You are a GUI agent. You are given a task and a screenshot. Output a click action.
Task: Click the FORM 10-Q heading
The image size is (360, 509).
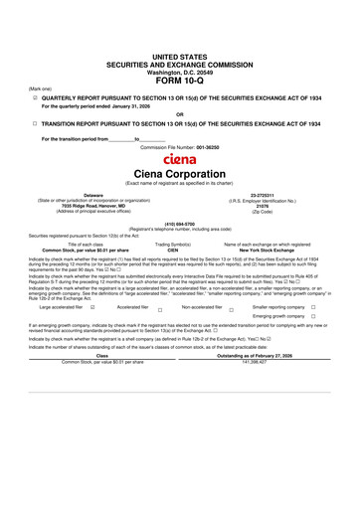coord(180,54)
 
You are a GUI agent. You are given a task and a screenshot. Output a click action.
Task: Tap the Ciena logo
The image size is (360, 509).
coord(179,158)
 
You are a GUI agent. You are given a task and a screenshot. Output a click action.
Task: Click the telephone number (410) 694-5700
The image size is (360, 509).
coord(180,224)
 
